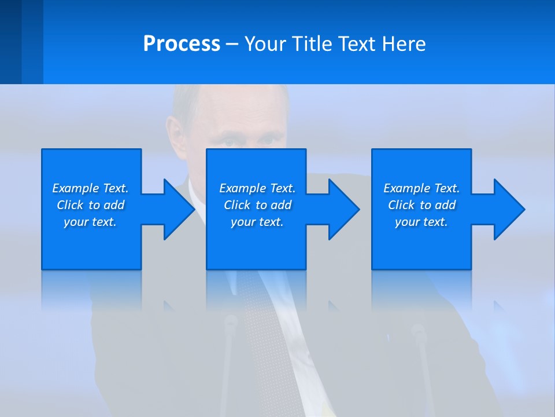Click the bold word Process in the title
(x=182, y=44)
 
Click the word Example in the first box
(x=75, y=188)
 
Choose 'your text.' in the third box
(x=421, y=222)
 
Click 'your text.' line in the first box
(x=90, y=222)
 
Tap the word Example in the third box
(x=406, y=188)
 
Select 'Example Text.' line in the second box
(x=257, y=188)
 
